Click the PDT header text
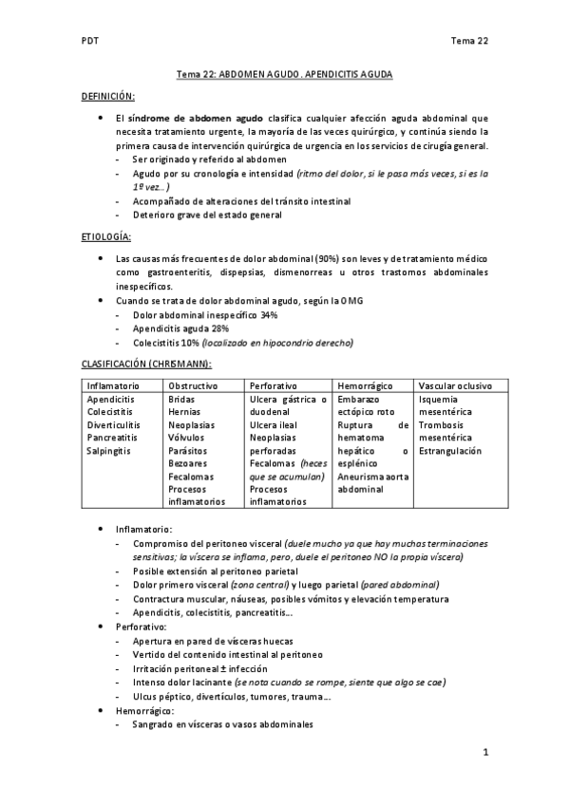coord(89,41)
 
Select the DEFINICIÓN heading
coord(107,97)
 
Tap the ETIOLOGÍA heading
coord(104,235)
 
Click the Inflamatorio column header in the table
coord(113,386)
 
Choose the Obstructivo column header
coord(193,386)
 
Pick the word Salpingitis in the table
coord(110,451)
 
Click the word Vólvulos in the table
coord(187,438)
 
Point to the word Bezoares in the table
coord(188,463)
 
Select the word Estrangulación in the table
coord(450,451)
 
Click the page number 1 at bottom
coord(485,754)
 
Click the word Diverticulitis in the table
coord(114,425)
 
